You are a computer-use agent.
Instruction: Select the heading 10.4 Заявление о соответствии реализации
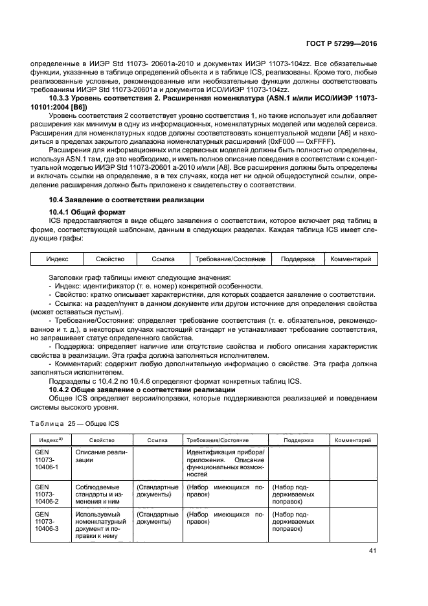pyautogui.click(x=127, y=200)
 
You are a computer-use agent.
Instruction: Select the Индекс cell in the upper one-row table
pyautogui.click(x=57, y=259)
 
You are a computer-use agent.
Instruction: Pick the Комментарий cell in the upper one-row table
pyautogui.click(x=350, y=259)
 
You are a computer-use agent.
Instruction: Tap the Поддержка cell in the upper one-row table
pyautogui.click(x=298, y=259)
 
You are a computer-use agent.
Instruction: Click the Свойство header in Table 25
pyautogui.click(x=102, y=440)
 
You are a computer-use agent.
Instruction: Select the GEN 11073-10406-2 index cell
pyautogui.click(x=46, y=494)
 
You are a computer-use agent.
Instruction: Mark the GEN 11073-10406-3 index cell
pyautogui.click(x=46, y=522)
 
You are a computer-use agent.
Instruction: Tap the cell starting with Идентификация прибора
pyautogui.click(x=225, y=463)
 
